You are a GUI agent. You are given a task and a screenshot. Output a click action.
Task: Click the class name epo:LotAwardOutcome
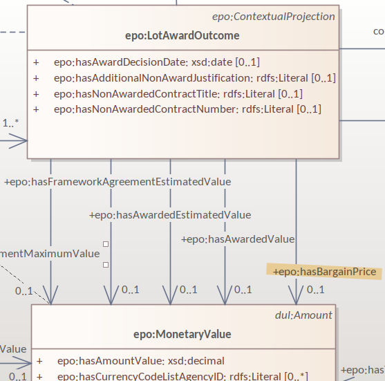click(x=183, y=35)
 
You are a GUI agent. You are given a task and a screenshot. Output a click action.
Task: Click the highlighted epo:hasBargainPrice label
click(x=324, y=272)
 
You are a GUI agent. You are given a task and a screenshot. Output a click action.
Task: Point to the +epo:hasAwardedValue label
click(x=238, y=239)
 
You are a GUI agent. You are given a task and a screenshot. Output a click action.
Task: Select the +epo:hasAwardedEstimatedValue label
click(x=170, y=215)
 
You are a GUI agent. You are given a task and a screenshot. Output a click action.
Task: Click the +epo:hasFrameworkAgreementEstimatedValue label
click(x=118, y=182)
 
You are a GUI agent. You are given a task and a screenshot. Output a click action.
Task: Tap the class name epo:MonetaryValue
click(x=182, y=335)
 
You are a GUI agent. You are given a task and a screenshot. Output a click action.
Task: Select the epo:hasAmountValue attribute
click(x=140, y=360)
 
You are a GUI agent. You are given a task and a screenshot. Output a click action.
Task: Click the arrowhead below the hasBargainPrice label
click(x=296, y=298)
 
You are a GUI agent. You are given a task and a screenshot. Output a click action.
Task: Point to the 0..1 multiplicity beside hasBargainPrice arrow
click(x=316, y=290)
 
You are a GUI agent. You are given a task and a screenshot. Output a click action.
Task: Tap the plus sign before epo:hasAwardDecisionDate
click(x=36, y=62)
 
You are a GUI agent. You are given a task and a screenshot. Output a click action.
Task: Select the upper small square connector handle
click(x=106, y=244)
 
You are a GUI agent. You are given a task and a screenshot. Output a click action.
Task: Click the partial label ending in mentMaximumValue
click(x=50, y=254)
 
